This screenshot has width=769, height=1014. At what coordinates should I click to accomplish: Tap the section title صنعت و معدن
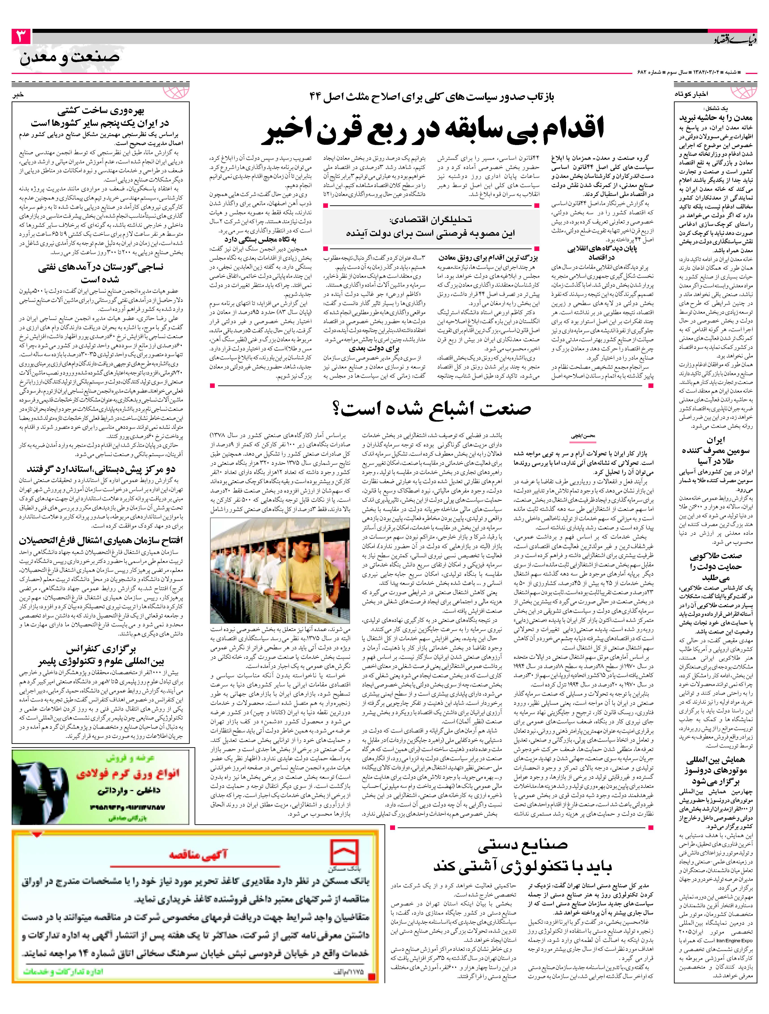70,58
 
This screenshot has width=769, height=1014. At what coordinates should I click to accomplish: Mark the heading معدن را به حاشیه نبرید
716,117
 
